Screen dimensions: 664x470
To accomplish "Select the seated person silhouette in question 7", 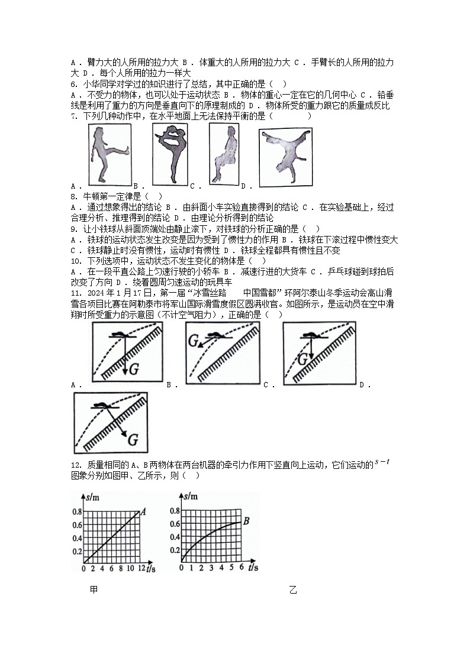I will (x=223, y=156).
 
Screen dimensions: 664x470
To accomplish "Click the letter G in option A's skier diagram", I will (x=134, y=370).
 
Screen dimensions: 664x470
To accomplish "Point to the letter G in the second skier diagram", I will (x=193, y=341).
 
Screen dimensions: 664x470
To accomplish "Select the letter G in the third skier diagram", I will (x=302, y=359).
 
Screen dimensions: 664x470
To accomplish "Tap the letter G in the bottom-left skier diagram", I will (x=133, y=439).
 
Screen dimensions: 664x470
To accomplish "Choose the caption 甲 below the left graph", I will (x=94, y=589).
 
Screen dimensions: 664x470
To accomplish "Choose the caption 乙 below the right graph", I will (x=293, y=589).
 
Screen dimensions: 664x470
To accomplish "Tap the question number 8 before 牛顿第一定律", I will (x=72, y=196).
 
